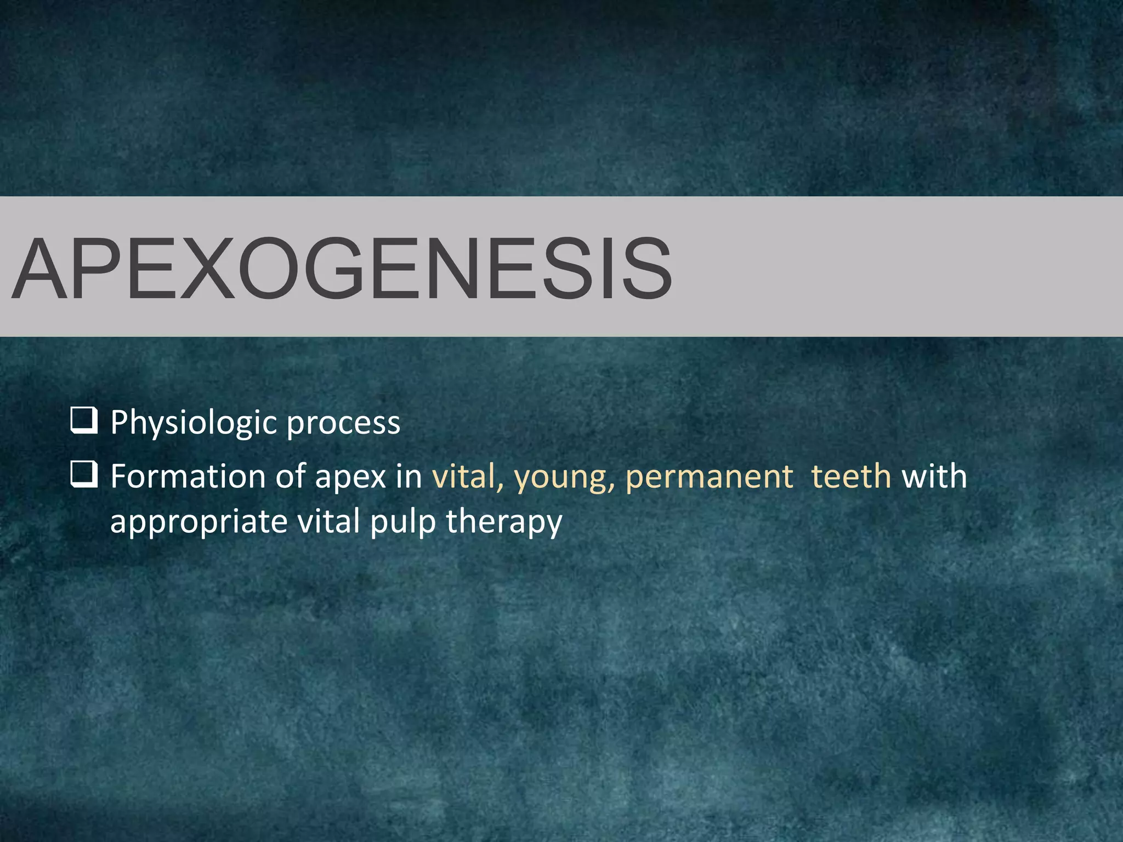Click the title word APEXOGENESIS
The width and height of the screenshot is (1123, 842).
[341, 268]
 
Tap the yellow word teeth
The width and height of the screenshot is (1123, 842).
[851, 476]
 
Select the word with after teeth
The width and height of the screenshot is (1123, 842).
[934, 476]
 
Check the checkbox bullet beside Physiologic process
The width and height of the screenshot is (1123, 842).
[84, 421]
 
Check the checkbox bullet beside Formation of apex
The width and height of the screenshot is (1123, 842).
[84, 474]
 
